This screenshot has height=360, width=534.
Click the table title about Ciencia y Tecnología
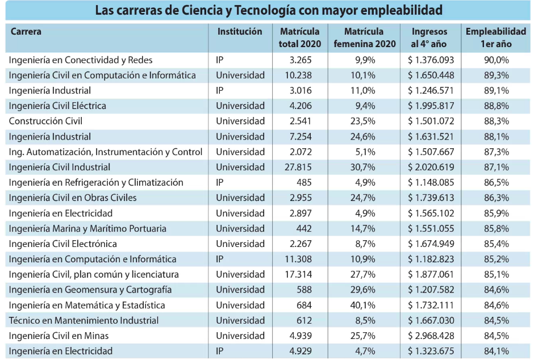tap(268, 10)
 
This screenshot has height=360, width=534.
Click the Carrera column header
tap(26, 32)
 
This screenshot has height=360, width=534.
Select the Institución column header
tap(240, 32)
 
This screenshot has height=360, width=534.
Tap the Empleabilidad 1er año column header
tap(496, 38)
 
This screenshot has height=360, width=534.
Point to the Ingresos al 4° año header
tap(429, 38)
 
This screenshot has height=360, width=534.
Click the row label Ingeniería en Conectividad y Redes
tap(81, 60)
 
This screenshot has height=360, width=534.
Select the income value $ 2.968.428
tap(431, 336)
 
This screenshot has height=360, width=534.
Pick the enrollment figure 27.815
tap(298, 167)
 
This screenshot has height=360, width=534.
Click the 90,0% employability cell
tap(497, 60)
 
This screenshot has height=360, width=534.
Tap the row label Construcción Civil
tap(45, 121)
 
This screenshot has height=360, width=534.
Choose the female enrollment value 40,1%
tap(362, 305)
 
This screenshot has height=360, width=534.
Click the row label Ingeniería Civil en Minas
tap(59, 336)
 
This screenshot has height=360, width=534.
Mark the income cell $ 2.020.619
tap(431, 167)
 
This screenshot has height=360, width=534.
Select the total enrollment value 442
tap(304, 228)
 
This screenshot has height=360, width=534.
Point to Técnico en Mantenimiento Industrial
tap(84, 320)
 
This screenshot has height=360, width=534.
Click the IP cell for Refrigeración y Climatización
tap(220, 182)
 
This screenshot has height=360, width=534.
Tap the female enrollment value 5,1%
tap(365, 152)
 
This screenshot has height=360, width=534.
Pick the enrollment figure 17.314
tap(298, 275)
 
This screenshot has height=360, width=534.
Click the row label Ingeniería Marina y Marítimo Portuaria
tap(87, 228)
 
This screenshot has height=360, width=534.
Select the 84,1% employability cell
tap(497, 351)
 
